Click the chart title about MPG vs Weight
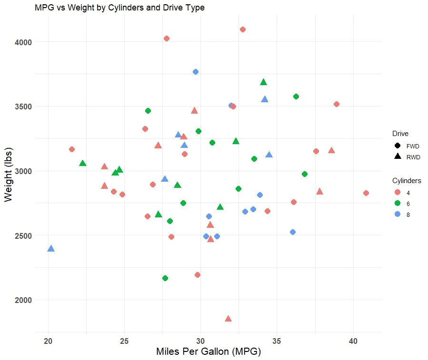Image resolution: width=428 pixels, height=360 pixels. click(119, 8)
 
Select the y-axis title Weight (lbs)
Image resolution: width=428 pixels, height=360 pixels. click(9, 175)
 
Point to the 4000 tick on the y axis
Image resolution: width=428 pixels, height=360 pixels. click(22, 42)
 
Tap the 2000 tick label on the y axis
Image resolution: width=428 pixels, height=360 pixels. click(22, 300)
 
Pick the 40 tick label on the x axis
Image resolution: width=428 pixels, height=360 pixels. click(353, 341)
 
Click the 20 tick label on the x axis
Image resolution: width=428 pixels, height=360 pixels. click(48, 341)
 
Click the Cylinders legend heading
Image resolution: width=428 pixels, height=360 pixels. click(406, 181)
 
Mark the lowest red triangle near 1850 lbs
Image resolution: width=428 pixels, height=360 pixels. click(228, 319)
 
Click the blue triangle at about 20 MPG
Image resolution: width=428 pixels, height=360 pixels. click(51, 248)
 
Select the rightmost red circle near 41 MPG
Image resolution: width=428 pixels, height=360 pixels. click(366, 193)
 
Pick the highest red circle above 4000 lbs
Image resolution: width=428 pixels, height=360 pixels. click(243, 29)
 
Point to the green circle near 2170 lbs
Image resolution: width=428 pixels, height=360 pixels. click(165, 278)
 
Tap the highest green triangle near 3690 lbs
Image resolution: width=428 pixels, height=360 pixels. click(263, 82)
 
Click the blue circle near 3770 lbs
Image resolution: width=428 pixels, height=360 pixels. click(196, 72)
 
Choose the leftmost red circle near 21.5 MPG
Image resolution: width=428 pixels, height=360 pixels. click(72, 149)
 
